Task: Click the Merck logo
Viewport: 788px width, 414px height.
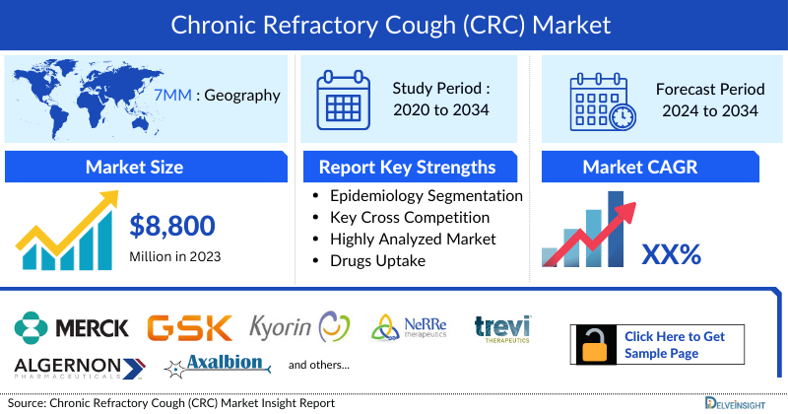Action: [x=72, y=326]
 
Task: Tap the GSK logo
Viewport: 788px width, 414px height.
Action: [x=189, y=327]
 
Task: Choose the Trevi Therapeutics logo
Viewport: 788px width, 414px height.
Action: [x=501, y=326]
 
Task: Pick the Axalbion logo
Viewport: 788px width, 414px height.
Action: [x=220, y=365]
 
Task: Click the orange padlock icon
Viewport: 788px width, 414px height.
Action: [x=596, y=345]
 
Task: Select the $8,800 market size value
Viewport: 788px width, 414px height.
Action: [x=172, y=226]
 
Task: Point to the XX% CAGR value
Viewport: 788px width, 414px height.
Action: [x=671, y=255]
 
